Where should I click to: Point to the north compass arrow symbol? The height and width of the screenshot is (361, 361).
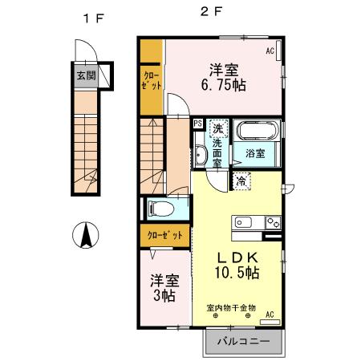pos(85,236)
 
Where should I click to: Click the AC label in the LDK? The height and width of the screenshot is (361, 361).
pos(270,314)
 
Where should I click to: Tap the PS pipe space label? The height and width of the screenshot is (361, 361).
pos(197,124)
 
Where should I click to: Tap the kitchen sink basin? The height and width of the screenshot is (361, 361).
pos(243,222)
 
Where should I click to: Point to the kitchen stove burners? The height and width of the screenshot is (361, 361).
pos(273,222)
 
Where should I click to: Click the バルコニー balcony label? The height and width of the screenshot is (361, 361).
pos(241,340)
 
